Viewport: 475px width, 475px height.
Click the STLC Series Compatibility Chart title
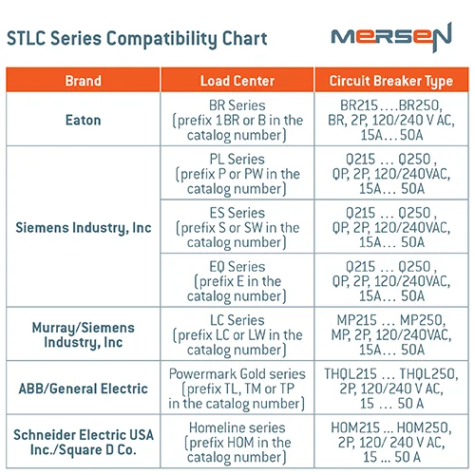coord(137,39)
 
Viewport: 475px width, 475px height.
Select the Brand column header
coord(83,81)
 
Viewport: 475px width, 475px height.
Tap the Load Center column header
coord(237,81)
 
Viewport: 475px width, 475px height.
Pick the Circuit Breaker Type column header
coord(390,81)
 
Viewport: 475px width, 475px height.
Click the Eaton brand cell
coord(83,121)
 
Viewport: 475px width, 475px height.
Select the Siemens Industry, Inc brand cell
coord(83,228)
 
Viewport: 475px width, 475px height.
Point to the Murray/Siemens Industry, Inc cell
coord(83,334)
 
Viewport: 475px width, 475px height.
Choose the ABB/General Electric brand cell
coord(83,388)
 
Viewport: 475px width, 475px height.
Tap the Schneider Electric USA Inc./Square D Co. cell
coord(83,442)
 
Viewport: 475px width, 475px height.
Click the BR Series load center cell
coord(237,121)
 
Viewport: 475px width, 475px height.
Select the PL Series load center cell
coord(237,174)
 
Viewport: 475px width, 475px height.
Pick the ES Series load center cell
coord(237,228)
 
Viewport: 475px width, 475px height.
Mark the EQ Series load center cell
coord(237,281)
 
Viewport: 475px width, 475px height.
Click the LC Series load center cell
coord(237,334)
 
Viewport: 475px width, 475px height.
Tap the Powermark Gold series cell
coord(237,388)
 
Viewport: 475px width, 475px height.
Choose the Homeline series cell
coord(237,442)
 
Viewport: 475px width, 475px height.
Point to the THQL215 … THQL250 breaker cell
coord(390,388)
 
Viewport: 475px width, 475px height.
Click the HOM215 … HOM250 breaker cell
coord(390,442)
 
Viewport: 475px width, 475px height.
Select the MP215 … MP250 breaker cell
coord(390,334)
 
